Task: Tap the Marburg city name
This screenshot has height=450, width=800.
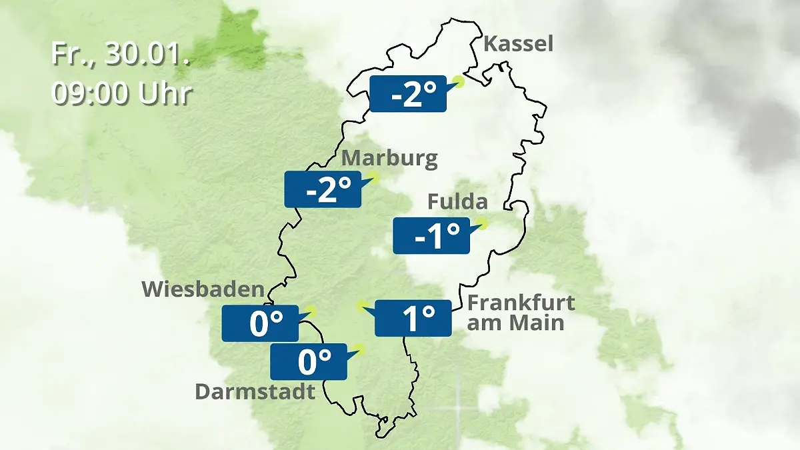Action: (x=389, y=159)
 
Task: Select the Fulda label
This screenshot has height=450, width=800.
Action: (x=457, y=201)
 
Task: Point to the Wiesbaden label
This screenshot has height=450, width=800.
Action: (x=203, y=289)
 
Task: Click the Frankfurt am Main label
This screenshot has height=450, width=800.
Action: (x=521, y=313)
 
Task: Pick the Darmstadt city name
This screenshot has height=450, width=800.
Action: (x=255, y=391)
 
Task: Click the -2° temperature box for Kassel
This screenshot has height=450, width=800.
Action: (x=407, y=94)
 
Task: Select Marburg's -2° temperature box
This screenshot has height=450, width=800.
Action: (x=323, y=190)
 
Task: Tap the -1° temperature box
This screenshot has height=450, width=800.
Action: (x=431, y=236)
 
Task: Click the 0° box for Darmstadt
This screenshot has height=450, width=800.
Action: (x=308, y=362)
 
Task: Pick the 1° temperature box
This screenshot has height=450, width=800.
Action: (x=413, y=318)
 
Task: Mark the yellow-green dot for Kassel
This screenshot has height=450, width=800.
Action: (x=458, y=81)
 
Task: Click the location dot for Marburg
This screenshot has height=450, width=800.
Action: (x=373, y=177)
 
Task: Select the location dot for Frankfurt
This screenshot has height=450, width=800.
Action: (x=361, y=306)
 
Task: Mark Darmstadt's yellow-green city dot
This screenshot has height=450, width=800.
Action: (x=360, y=348)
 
